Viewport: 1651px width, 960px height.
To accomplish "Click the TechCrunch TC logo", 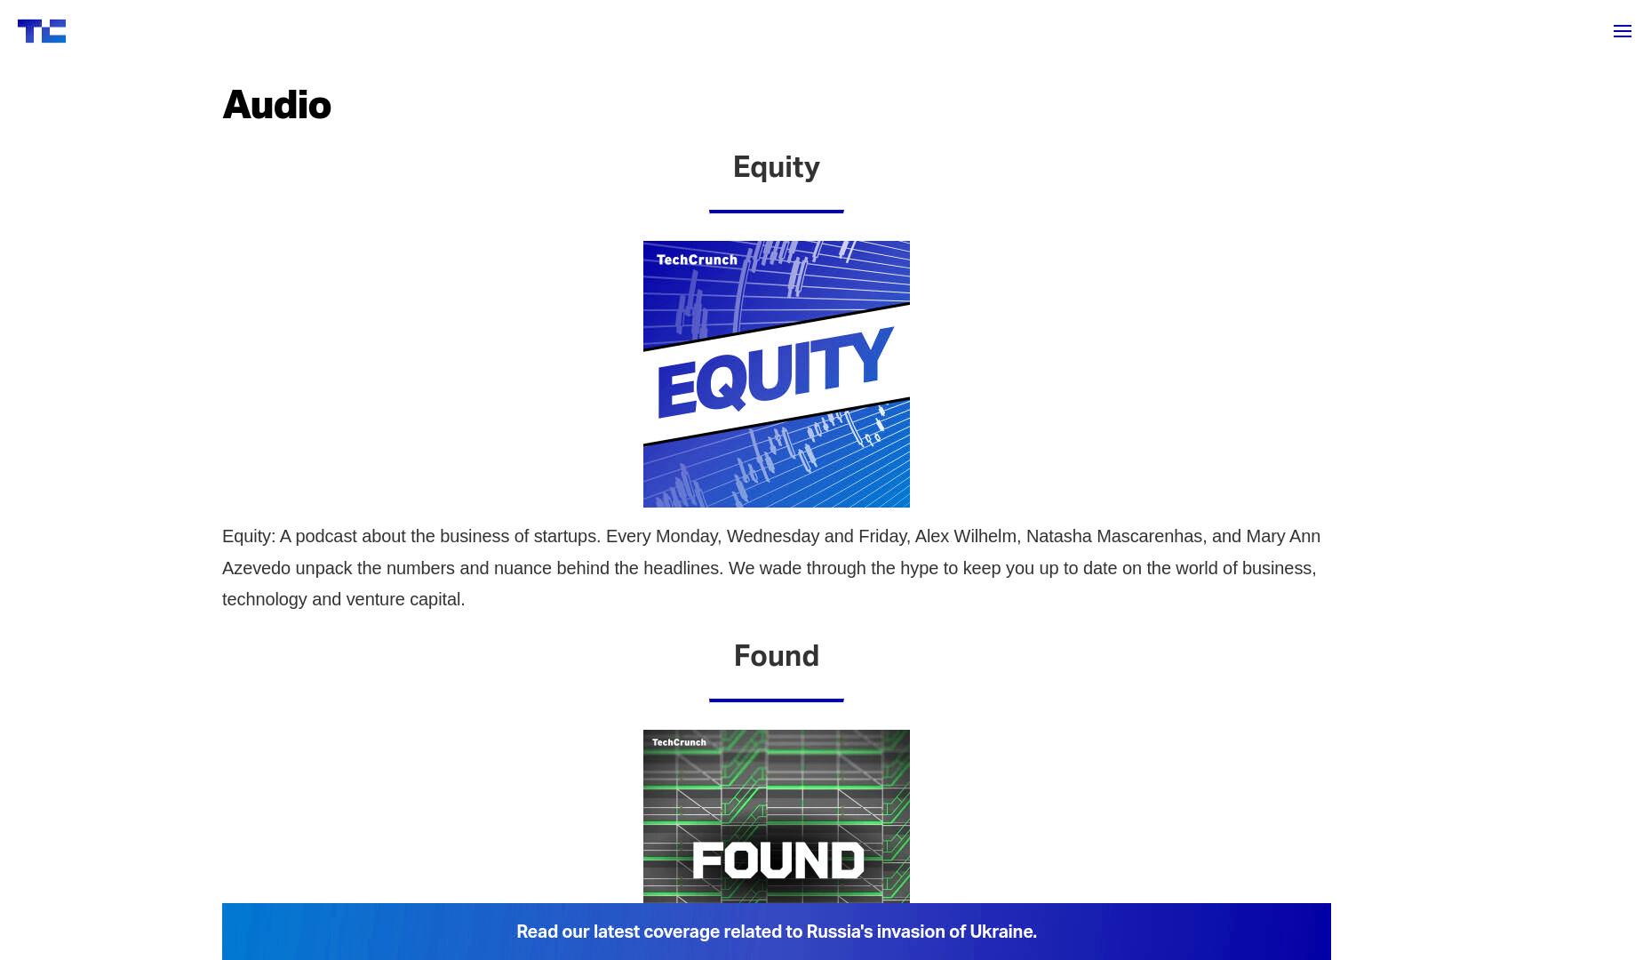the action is click(x=42, y=31).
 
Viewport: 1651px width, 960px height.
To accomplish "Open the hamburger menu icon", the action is click(x=1623, y=31).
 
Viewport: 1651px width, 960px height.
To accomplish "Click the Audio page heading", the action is click(x=276, y=105).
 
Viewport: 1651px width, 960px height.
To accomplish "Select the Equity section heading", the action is click(x=777, y=167).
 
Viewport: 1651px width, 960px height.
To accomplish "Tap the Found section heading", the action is click(x=777, y=656).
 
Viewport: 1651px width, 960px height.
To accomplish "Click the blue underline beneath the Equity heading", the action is click(x=777, y=212).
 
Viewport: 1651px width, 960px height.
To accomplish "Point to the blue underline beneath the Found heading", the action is click(x=777, y=700).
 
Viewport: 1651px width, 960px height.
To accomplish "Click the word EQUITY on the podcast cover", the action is click(x=775, y=373).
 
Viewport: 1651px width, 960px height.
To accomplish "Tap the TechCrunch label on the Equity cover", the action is click(x=697, y=260).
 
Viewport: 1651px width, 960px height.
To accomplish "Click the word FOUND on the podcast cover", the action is click(x=778, y=860).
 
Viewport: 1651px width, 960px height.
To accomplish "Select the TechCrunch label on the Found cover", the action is click(x=679, y=742).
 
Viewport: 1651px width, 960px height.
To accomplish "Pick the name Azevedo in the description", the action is click(x=256, y=568).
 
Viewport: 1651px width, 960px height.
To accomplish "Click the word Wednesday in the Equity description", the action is click(x=773, y=537).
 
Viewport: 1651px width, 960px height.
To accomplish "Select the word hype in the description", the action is click(x=919, y=569).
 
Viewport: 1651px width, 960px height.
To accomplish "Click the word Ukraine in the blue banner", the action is click(x=1002, y=932).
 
